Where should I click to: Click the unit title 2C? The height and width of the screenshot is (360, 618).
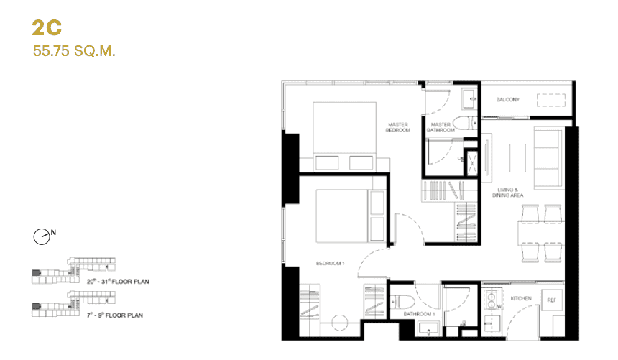click(47, 28)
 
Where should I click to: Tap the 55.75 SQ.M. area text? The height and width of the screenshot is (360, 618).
click(74, 51)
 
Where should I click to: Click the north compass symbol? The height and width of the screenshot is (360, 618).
click(42, 235)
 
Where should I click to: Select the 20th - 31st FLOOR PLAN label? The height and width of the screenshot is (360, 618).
click(118, 281)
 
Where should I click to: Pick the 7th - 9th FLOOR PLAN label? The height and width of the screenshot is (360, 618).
click(115, 314)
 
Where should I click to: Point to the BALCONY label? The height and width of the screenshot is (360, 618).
click(507, 99)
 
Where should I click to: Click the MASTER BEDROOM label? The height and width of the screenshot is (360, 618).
click(397, 127)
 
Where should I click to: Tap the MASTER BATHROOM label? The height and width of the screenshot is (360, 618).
click(441, 127)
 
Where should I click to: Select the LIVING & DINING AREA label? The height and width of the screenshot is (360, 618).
click(507, 192)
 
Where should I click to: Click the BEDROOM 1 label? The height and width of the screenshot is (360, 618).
click(331, 264)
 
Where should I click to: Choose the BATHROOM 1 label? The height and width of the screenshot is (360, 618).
click(418, 314)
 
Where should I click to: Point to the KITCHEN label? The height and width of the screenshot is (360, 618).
click(521, 297)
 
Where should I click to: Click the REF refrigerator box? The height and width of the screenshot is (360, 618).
click(552, 301)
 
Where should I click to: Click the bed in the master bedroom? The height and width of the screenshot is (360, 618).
click(344, 135)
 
